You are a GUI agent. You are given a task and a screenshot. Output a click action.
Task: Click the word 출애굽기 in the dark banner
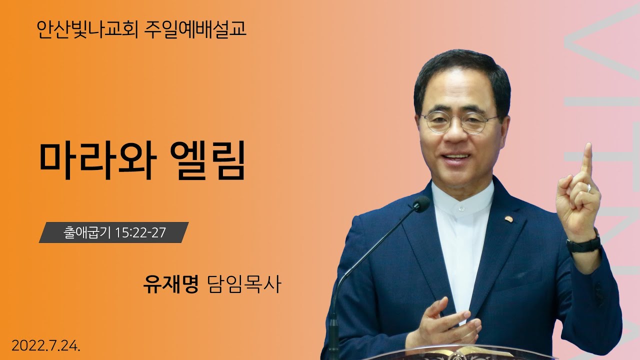87,233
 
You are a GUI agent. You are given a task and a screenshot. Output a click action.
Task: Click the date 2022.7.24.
45,345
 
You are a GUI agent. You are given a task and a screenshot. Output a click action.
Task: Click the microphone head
421,204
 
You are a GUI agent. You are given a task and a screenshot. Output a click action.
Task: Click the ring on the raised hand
589,188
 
